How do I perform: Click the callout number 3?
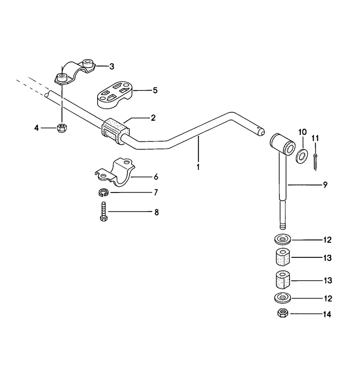pyautogui.click(x=112, y=66)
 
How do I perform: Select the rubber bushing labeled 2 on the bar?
pyautogui.click(x=115, y=131)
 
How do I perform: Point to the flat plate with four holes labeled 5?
pyautogui.click(x=115, y=95)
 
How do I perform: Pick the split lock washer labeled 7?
pyautogui.click(x=103, y=192)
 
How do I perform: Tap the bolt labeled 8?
pyautogui.click(x=104, y=212)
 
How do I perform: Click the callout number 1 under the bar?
pyautogui.click(x=198, y=167)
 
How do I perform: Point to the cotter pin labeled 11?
pyautogui.click(x=315, y=162)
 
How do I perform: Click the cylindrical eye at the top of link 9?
pyautogui.click(x=282, y=144)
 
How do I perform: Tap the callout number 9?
pyautogui.click(x=325, y=185)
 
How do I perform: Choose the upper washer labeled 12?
pyautogui.click(x=282, y=239)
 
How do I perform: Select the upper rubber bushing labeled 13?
pyautogui.click(x=283, y=257)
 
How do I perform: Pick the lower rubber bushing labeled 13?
pyautogui.click(x=283, y=279)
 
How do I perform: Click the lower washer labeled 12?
pyautogui.click(x=282, y=298)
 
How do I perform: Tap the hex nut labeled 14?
pyautogui.click(x=283, y=313)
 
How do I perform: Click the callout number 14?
pyautogui.click(x=327, y=314)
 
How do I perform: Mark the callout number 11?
pyautogui.click(x=315, y=138)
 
